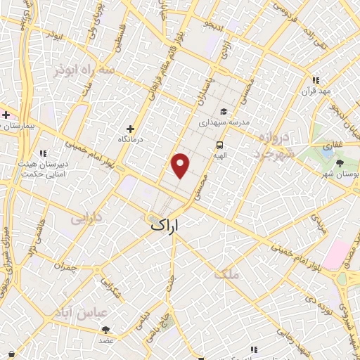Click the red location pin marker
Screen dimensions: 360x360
pyautogui.click(x=181, y=165)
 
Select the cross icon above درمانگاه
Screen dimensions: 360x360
pyautogui.click(x=130, y=129)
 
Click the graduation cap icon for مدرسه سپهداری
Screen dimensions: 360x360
pyautogui.click(x=223, y=111)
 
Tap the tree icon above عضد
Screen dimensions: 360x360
pyautogui.click(x=105, y=329)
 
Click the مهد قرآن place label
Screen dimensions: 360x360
pyautogui.click(x=317, y=91)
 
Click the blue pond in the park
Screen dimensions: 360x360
pyautogui.click(x=327, y=148)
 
